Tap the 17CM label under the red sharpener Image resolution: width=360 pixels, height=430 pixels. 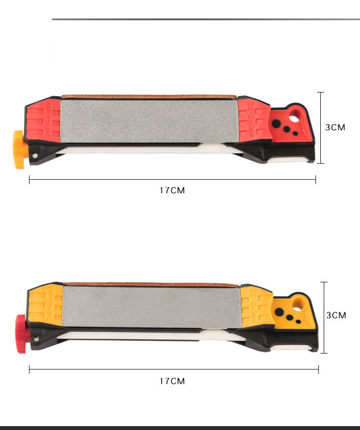pos(172,190)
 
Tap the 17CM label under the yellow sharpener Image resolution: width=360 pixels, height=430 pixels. pos(172,381)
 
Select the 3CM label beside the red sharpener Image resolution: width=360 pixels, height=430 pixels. pos(335,127)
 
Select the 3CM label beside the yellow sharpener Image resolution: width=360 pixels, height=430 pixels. pos(336,315)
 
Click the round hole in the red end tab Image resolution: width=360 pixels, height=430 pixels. pos(294,118)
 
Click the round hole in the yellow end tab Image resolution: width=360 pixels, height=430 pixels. pos(298,307)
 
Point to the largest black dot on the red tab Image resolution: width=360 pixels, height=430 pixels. pos(276,123)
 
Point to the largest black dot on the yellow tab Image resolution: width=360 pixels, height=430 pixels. pos(279,312)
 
